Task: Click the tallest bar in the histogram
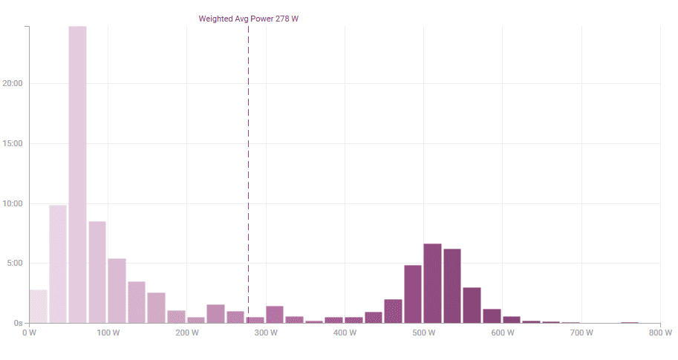[77, 174]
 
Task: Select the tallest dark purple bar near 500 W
[432, 283]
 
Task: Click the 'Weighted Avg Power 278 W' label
[248, 19]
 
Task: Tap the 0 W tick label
[29, 333]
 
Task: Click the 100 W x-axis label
[108, 333]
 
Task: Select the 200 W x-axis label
[186, 333]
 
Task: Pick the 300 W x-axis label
[266, 333]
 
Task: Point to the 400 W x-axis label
[345, 333]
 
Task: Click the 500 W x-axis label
[423, 333]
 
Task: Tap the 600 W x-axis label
[503, 333]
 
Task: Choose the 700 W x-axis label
[581, 333]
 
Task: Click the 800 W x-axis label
[660, 333]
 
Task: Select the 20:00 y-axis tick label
[12, 83]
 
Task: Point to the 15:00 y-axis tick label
[12, 143]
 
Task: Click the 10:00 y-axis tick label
[12, 203]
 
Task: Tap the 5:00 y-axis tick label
[14, 263]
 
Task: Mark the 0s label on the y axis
[17, 323]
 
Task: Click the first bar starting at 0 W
[38, 307]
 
